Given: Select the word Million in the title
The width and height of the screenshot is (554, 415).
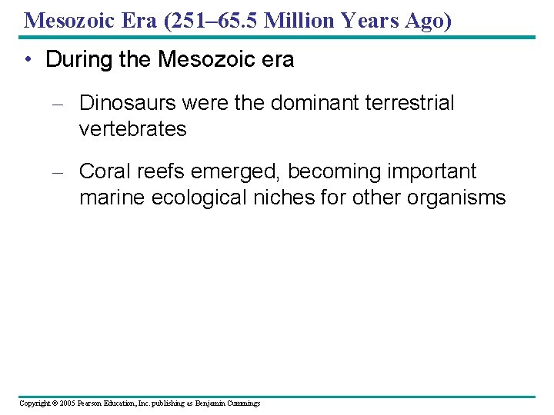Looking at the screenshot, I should coord(299,20).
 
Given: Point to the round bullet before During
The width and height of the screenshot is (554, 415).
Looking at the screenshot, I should coord(28,61).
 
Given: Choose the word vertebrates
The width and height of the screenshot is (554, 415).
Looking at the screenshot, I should coord(132,129).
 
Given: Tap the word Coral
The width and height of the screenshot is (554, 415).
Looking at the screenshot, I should coord(104,171).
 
